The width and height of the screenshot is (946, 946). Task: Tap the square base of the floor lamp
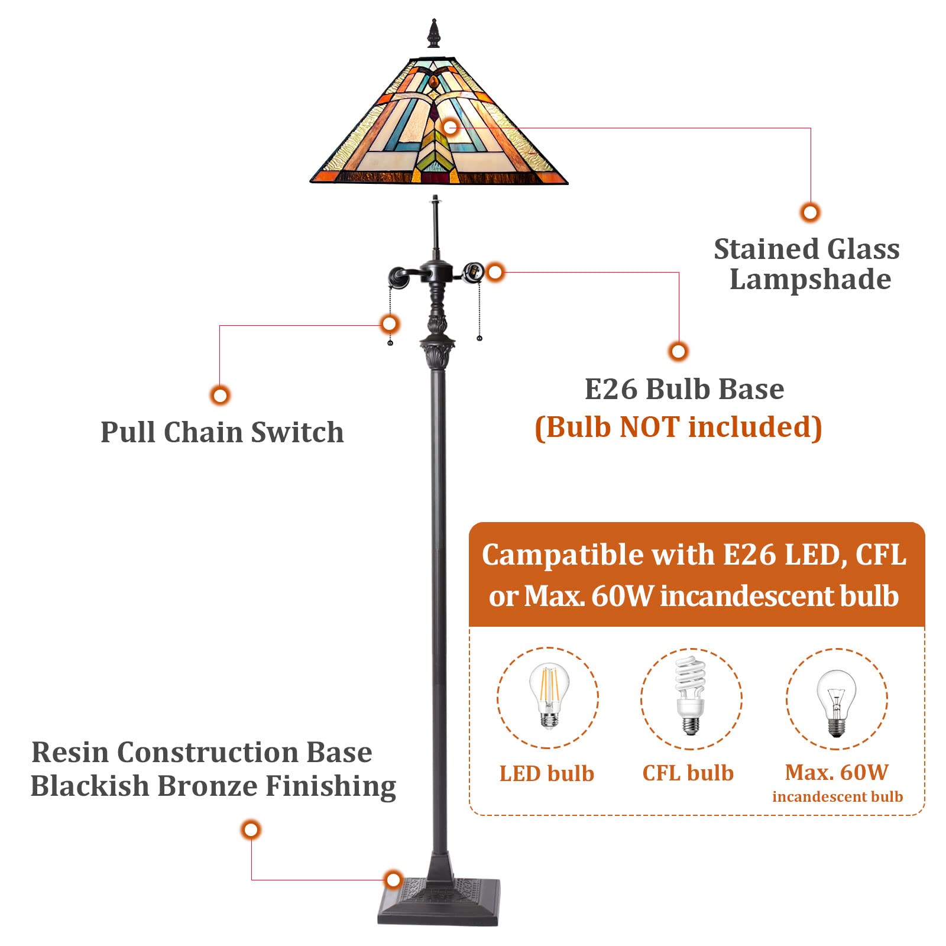[x=439, y=902]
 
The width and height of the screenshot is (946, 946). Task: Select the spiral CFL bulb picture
[x=691, y=696]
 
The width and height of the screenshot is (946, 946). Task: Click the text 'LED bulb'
[x=547, y=773]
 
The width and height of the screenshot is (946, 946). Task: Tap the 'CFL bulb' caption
[x=688, y=773]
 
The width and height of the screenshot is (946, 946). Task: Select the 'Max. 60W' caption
[x=837, y=772]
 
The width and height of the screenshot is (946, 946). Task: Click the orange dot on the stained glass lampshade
[x=451, y=127]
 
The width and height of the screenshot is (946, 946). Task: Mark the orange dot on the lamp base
[x=393, y=880]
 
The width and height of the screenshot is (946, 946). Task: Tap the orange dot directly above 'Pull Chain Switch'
[x=220, y=395]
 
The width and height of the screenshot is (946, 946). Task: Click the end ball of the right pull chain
[x=479, y=338]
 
